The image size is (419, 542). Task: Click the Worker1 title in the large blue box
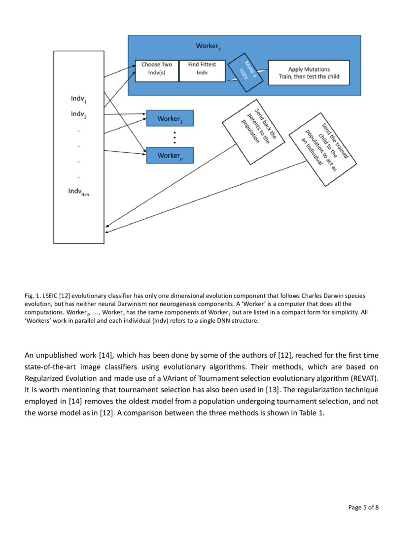[x=208, y=46]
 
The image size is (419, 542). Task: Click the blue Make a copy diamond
[x=246, y=72]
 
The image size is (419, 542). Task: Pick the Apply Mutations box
[x=309, y=72]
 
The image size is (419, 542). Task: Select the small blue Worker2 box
[x=170, y=119]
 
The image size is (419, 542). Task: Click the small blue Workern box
[x=170, y=156]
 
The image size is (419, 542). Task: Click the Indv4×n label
[x=79, y=192]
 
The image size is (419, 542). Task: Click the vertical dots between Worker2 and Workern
[x=175, y=137]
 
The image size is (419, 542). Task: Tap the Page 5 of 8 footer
[x=363, y=507]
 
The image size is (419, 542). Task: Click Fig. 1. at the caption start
[x=31, y=296]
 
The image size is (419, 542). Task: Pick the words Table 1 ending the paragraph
[x=311, y=413]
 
